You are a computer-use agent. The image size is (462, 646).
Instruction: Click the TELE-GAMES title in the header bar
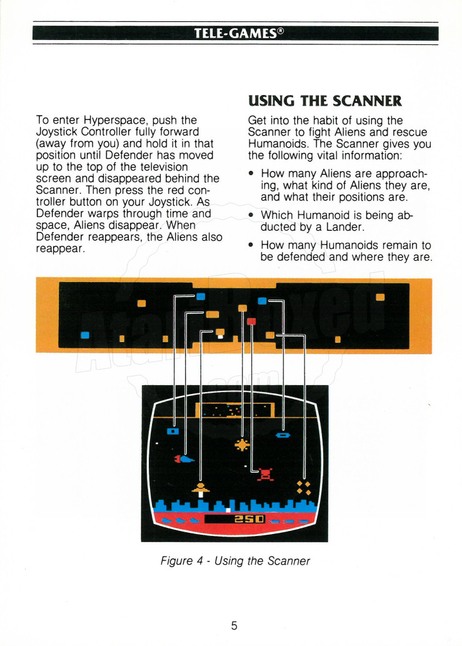[238, 33]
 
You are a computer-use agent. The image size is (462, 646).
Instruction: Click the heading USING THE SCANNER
[325, 101]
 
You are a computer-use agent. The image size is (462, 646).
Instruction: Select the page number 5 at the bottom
[234, 625]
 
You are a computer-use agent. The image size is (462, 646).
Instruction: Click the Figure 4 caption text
[235, 561]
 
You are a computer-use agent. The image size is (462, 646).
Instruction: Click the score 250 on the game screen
[249, 518]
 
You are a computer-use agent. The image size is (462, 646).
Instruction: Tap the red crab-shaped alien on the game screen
[266, 474]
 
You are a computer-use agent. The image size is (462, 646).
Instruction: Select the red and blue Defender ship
[184, 458]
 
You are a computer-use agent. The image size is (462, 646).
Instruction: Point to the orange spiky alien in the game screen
[242, 445]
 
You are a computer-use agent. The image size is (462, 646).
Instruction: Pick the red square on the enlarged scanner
[251, 321]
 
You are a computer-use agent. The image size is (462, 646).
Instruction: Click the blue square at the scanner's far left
[85, 335]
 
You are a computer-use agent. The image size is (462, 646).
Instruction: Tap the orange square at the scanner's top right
[380, 297]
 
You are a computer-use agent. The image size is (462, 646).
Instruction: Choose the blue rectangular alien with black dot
[173, 432]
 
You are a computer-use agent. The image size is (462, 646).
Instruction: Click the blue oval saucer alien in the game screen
[283, 435]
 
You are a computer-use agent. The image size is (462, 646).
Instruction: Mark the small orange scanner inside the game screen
[235, 410]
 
